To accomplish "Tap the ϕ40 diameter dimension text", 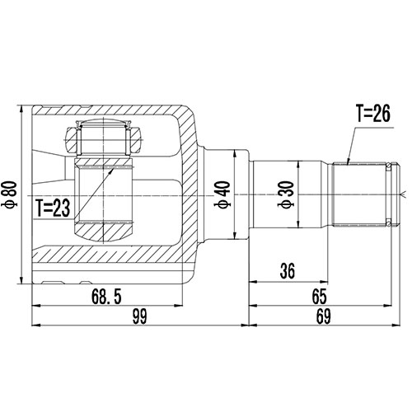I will (x=222, y=194).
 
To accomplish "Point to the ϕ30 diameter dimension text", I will (x=286, y=194).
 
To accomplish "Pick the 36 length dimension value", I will (x=286, y=271).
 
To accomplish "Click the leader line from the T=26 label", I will (x=351, y=144).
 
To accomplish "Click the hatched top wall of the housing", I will (x=124, y=111).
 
